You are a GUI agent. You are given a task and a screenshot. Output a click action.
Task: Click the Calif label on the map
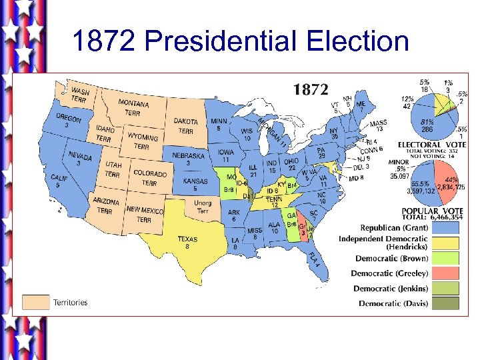coord(59,181)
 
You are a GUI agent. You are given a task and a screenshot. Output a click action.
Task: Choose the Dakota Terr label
coord(186,125)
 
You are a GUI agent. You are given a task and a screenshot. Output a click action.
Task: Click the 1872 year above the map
coord(311,88)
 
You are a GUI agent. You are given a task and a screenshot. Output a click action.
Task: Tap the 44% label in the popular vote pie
coord(451,180)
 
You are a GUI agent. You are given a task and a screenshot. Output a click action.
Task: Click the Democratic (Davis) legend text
coord(393,303)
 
